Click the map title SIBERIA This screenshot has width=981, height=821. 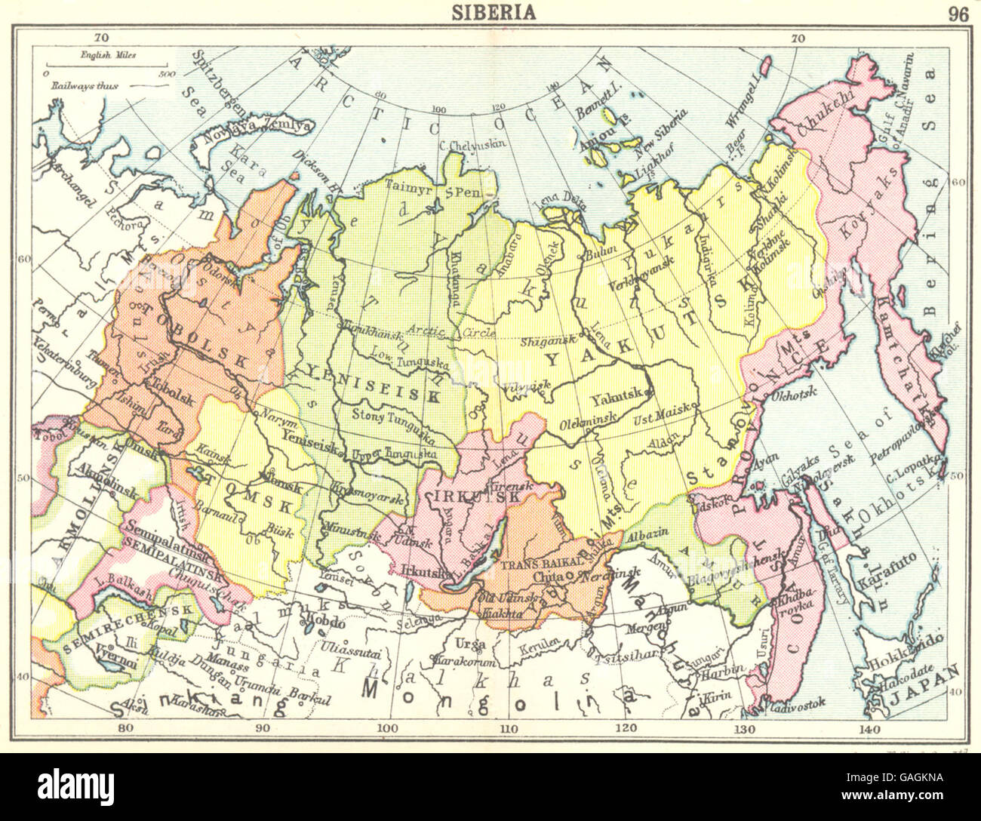pyautogui.click(x=494, y=12)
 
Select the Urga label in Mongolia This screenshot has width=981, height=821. pyautogui.click(x=469, y=643)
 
